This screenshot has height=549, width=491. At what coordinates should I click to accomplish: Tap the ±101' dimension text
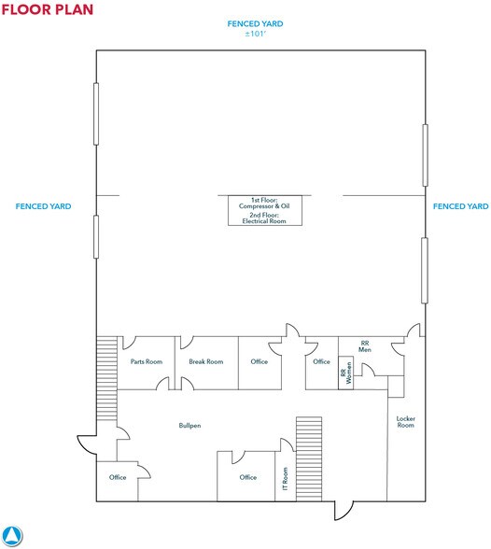click(255, 33)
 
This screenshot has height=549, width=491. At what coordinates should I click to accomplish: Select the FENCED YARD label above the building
click(255, 22)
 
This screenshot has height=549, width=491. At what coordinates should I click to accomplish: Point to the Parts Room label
click(147, 361)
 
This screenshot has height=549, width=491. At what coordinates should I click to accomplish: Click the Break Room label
click(205, 361)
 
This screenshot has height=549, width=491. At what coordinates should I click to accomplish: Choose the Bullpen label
click(189, 425)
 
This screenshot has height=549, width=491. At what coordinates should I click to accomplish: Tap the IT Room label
click(285, 478)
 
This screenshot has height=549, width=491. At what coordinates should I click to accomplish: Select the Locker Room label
click(405, 421)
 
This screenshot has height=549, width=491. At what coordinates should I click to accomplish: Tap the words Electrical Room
click(254, 220)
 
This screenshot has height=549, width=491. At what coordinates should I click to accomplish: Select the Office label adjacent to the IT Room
click(247, 477)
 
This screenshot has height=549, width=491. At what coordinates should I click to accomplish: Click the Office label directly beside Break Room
click(259, 361)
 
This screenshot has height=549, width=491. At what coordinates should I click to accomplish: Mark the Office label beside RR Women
click(321, 361)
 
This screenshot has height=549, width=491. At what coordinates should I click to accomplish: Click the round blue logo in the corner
click(12, 535)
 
